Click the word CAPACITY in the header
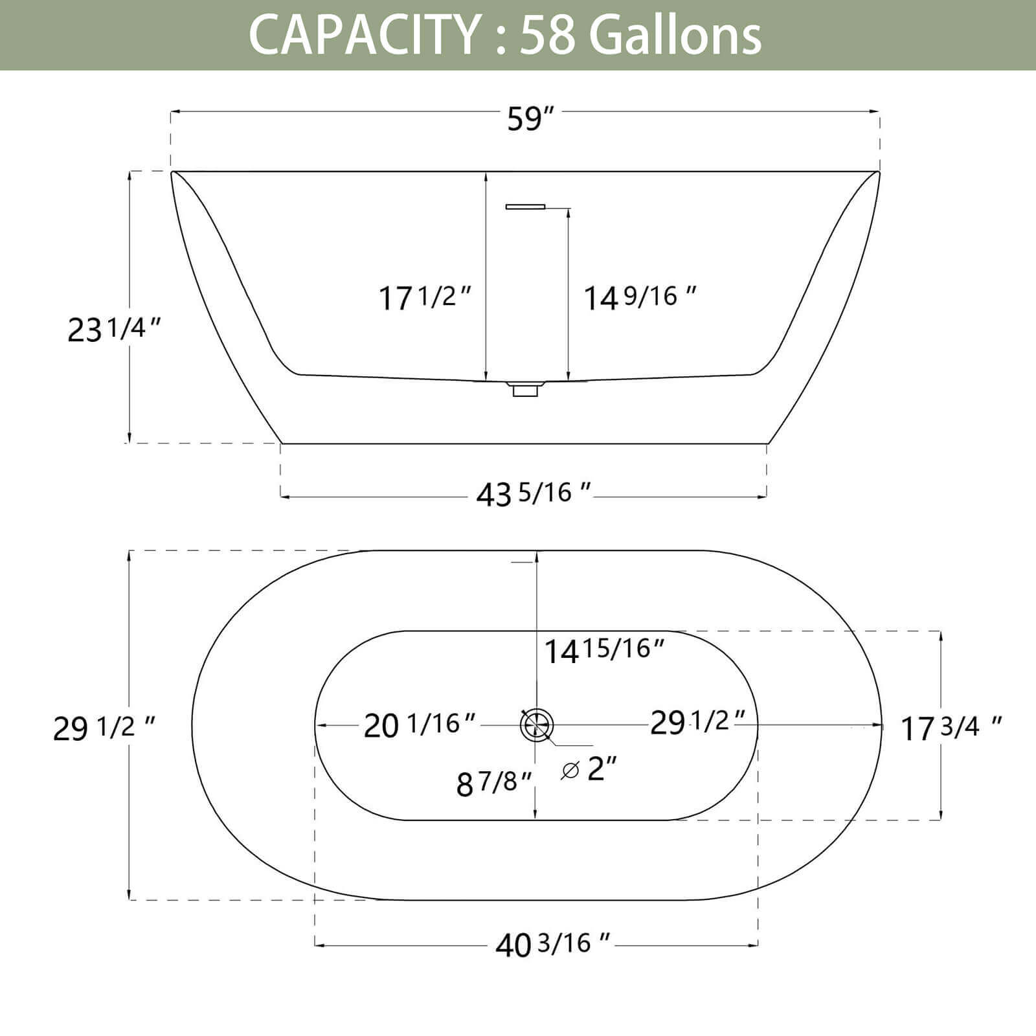coord(363,34)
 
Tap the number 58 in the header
coord(547,34)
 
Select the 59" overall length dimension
coord(530,118)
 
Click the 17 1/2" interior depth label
coord(425,298)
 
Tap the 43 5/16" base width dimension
coord(533,494)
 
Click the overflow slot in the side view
coord(525,207)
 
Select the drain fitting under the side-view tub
coord(524,390)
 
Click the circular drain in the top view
coord(537,724)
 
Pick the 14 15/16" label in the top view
coord(603,649)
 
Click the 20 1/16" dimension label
coord(420,725)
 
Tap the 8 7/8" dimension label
coord(493,783)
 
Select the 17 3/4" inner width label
coord(951,728)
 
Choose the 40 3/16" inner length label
coord(552,945)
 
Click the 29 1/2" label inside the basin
coord(697,722)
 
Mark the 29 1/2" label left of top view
coord(104,728)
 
